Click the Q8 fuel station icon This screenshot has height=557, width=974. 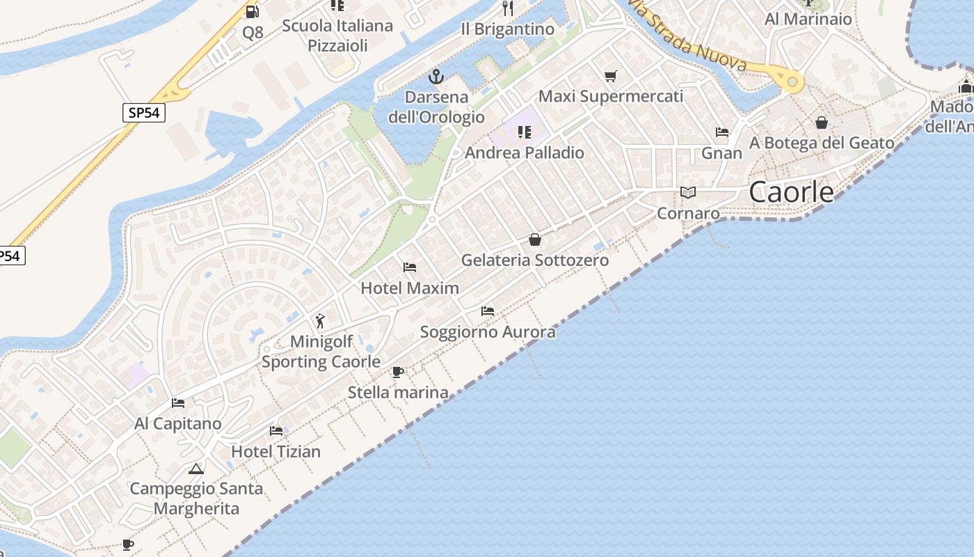click(x=252, y=11)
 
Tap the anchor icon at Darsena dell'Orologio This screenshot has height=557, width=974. click(x=436, y=76)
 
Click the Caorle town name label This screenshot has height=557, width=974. click(x=791, y=192)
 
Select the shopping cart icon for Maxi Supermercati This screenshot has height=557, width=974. click(x=611, y=76)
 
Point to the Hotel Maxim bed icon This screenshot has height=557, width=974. click(x=410, y=267)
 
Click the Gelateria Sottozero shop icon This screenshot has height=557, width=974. click(x=535, y=240)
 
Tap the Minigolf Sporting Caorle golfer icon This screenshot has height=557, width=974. click(x=320, y=321)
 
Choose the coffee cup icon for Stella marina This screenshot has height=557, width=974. click(x=397, y=372)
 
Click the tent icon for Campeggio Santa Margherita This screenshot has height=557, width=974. click(x=195, y=469)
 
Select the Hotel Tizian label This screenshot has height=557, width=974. click(x=276, y=451)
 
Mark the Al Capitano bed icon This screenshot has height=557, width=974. click(x=178, y=403)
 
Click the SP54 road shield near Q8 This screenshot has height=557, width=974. click(x=144, y=112)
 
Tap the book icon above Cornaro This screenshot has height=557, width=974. click(x=687, y=193)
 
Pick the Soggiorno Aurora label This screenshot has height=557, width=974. click(x=488, y=331)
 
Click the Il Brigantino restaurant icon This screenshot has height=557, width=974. click(x=508, y=8)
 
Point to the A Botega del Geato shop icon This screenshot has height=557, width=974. click(x=822, y=123)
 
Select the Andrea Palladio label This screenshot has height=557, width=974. click(x=525, y=152)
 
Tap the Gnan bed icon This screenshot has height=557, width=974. click(x=722, y=132)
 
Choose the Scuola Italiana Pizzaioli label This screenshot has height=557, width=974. click(x=337, y=36)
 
